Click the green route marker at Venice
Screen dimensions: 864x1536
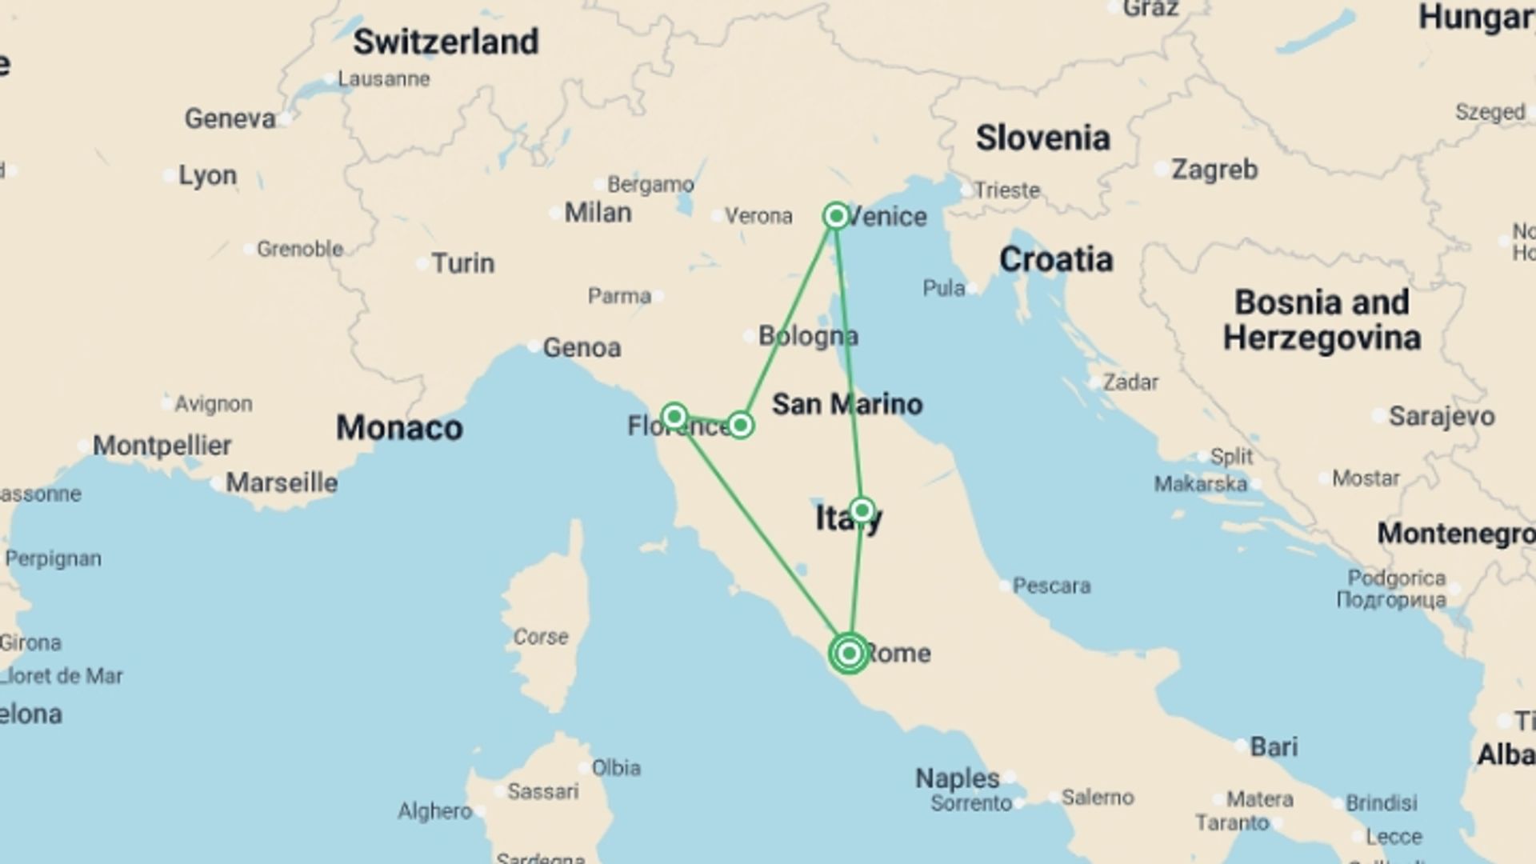(x=836, y=216)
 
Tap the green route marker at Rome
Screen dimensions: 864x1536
(x=849, y=654)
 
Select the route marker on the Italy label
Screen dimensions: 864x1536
(x=862, y=510)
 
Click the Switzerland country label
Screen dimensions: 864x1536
(x=446, y=42)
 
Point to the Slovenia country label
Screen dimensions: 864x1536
(x=1042, y=138)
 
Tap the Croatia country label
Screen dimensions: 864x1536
(x=1055, y=260)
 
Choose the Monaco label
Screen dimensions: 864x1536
(x=399, y=428)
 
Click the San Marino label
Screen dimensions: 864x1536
(x=846, y=404)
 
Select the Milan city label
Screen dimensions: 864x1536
(x=598, y=213)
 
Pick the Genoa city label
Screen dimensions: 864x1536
(x=582, y=348)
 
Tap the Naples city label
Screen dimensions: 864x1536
(x=957, y=778)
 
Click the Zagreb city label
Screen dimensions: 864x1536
(x=1214, y=170)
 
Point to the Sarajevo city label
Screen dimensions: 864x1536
(x=1441, y=416)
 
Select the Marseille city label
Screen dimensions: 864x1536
(x=282, y=483)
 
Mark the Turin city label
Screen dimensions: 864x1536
(x=462, y=263)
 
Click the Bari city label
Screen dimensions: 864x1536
(x=1274, y=746)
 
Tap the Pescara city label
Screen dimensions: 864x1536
(x=1051, y=586)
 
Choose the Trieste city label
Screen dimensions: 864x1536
(x=1007, y=190)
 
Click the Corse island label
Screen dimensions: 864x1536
(x=541, y=637)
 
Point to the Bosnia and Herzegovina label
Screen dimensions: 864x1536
(x=1322, y=320)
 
